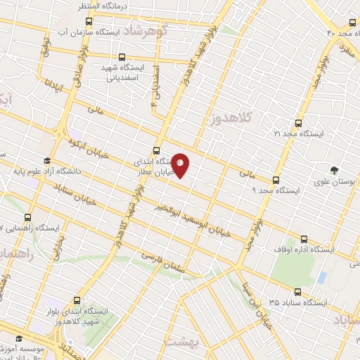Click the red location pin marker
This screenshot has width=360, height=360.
click(181, 166)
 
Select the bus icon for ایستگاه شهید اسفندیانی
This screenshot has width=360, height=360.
click(123, 58)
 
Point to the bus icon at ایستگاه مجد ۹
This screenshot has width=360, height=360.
click(276, 179)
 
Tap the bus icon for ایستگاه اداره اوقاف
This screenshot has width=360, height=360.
click(304, 239)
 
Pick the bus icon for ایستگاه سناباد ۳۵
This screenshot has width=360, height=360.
click(297, 292)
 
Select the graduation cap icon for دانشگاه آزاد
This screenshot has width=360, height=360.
click(46, 160)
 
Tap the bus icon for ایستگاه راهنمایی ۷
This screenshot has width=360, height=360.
click(28, 217)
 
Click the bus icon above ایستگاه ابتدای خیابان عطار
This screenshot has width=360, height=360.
click(156, 148)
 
